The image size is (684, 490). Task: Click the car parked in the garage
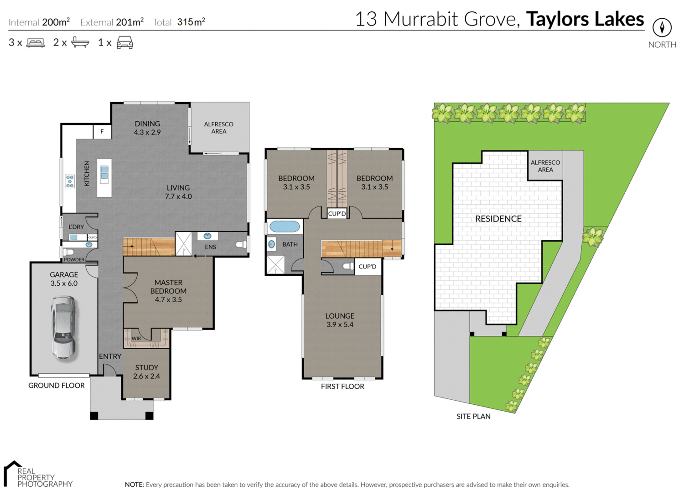63,327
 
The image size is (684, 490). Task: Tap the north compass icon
662,28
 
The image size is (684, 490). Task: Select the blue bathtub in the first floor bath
285,226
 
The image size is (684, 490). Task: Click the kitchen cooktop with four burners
70,181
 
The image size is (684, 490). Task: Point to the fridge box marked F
102,131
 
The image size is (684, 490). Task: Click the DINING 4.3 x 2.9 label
147,128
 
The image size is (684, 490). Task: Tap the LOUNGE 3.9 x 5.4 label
340,320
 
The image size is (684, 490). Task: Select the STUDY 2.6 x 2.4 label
146,371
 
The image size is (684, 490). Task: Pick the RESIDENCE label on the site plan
498,219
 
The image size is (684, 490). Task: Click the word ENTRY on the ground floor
110,356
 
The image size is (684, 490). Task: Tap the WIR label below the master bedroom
136,338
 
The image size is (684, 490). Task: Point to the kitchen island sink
104,173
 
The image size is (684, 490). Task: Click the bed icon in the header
36,43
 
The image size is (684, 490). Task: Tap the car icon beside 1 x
124,43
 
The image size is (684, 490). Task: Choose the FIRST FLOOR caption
342,387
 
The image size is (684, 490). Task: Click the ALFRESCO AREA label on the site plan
545,166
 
